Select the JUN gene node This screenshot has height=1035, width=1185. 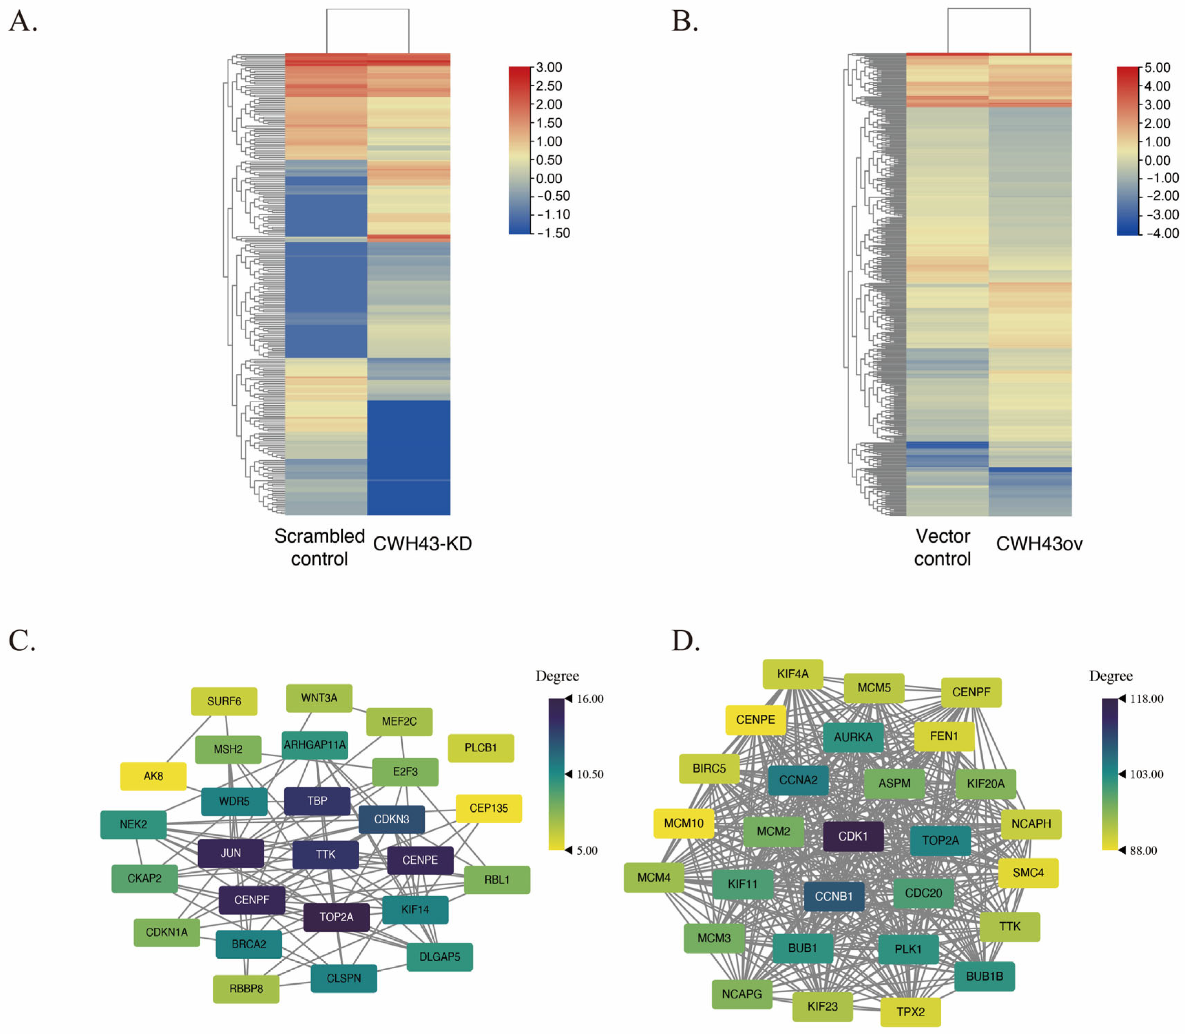tap(231, 853)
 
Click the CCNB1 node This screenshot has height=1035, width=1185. tap(834, 896)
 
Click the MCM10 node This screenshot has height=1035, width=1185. tap(684, 823)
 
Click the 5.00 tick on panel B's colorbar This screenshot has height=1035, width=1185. tap(1157, 67)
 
